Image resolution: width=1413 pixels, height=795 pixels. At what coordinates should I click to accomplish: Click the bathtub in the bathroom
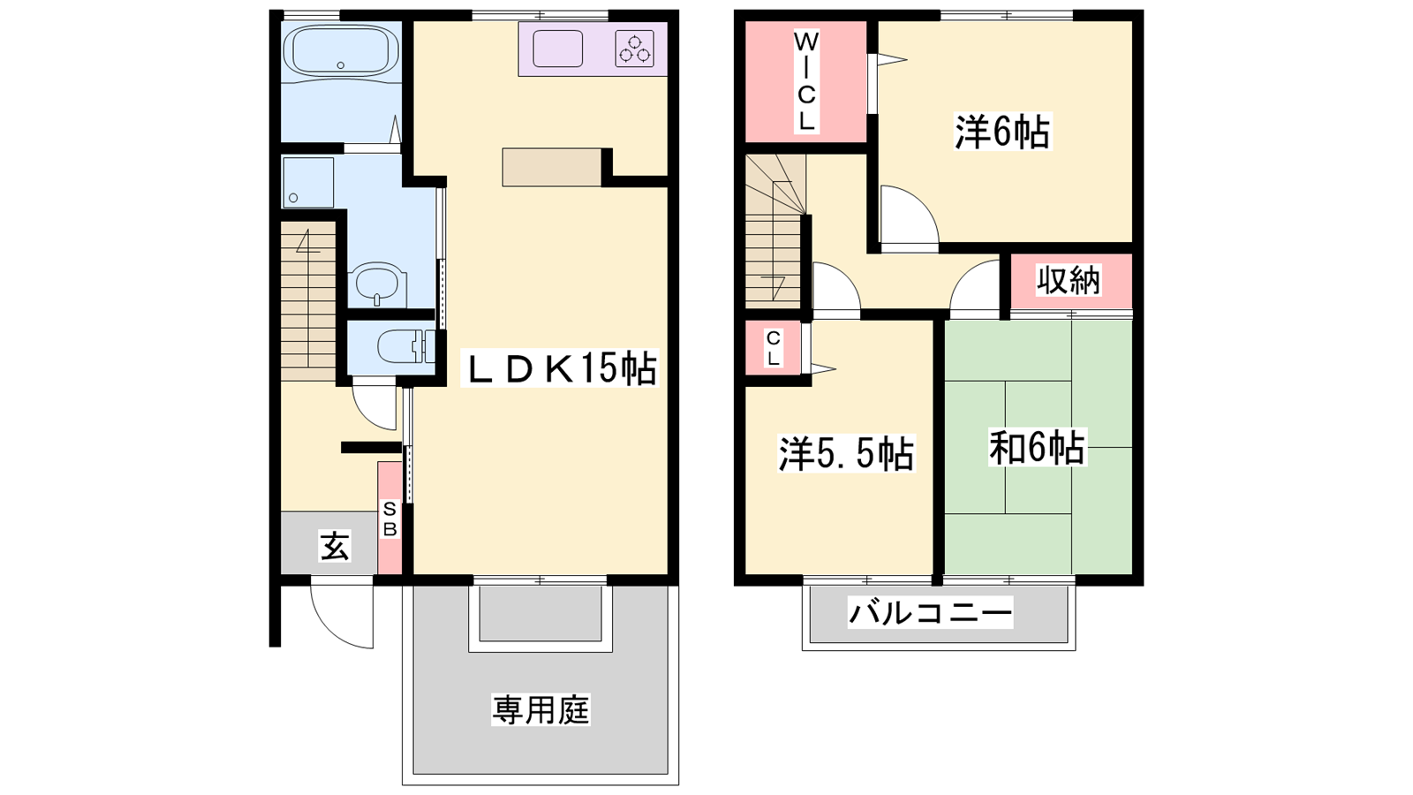pos(341,49)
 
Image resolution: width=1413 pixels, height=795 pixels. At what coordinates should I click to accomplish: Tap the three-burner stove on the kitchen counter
pos(635,49)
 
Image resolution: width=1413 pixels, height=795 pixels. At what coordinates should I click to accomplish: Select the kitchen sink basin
pos(557,49)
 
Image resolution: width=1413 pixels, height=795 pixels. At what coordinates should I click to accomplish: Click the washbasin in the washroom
pos(377,284)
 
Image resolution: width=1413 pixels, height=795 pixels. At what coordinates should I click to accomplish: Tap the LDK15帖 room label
pos(560,368)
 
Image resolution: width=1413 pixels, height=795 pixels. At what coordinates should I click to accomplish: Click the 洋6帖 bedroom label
pos(1002,132)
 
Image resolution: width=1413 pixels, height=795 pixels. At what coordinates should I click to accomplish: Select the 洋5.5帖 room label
pos(846,454)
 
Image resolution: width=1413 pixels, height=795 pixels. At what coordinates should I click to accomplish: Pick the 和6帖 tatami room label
pos(1037,448)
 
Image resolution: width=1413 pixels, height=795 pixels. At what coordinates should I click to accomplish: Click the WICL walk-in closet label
pos(805,82)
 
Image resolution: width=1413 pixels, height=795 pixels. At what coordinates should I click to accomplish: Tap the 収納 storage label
pos(1069,280)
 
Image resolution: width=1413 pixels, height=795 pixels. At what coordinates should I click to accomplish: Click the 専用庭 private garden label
pos(540,710)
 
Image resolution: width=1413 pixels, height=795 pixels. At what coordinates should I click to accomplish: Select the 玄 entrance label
pos(335,547)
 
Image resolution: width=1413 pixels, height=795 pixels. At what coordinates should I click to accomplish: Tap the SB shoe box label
pos(389,519)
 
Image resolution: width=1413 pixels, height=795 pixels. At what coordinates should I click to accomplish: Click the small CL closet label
pos(774,349)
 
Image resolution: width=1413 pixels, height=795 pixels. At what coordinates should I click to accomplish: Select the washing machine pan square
pos(308,182)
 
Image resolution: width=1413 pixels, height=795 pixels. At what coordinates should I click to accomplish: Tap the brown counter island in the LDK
pos(552,167)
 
